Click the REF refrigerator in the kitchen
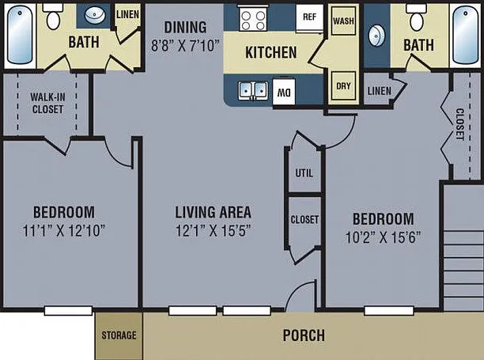[309, 18]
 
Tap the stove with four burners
[253, 18]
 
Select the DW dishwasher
[284, 92]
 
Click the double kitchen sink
[253, 91]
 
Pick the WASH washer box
[343, 21]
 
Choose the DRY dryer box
[343, 85]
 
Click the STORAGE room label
[119, 335]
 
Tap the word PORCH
[304, 335]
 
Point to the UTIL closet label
[304, 173]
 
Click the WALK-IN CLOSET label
[47, 103]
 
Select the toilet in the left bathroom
[53, 17]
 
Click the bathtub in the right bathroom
[466, 35]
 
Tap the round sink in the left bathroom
[95, 15]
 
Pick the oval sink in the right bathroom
[376, 36]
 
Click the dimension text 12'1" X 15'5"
[213, 230]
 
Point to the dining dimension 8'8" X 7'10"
[185, 46]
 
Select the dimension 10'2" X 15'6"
[383, 237]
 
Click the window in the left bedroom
[68, 311]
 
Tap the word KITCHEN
[271, 52]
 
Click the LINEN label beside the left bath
[128, 14]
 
